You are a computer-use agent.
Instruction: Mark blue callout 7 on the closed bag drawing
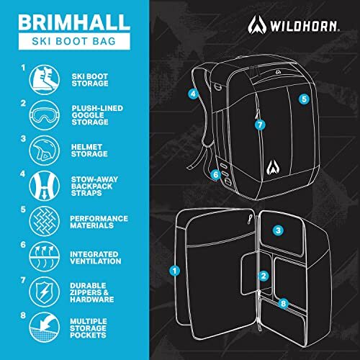pos(260,124)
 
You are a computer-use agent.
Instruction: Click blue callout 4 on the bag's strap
pos(193,94)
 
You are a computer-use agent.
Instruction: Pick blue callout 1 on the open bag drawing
pos(174,271)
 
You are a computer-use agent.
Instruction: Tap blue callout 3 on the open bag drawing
pos(277,230)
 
